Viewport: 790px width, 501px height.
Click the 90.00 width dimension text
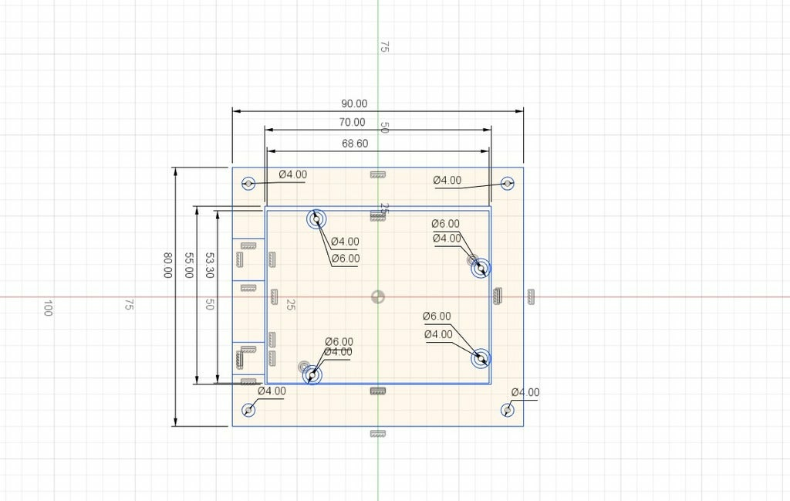click(354, 103)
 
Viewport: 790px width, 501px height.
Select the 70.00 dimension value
click(352, 122)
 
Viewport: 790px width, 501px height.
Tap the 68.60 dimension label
click(354, 143)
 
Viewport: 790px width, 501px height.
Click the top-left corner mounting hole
click(248, 183)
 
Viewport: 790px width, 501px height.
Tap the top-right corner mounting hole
click(508, 183)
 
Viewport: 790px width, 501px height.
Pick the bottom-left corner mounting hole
click(248, 410)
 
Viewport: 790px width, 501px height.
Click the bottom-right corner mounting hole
click(508, 410)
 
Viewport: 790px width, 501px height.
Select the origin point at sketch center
click(377, 296)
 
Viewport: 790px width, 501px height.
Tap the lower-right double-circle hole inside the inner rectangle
click(481, 358)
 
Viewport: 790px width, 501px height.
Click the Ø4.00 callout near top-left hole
click(292, 174)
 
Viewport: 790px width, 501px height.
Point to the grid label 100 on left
click(48, 307)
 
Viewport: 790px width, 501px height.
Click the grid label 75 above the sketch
click(383, 47)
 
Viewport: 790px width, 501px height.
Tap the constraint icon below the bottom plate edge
click(377, 435)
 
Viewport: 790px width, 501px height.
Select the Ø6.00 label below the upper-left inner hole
click(346, 258)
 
